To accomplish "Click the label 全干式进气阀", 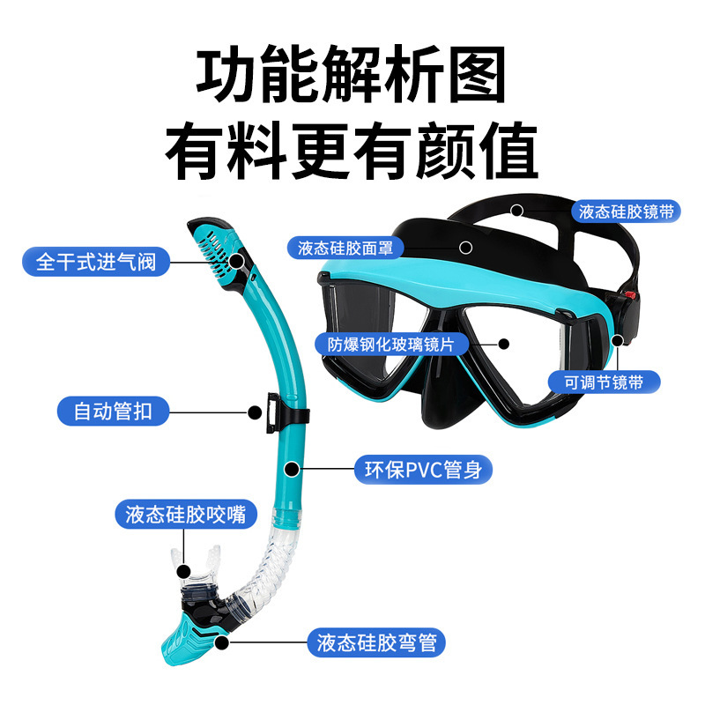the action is pos(97,262).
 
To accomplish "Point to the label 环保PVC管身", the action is pos(422,469).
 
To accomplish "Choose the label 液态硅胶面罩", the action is pos(345,248).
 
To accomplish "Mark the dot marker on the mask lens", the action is pos(505,345).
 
